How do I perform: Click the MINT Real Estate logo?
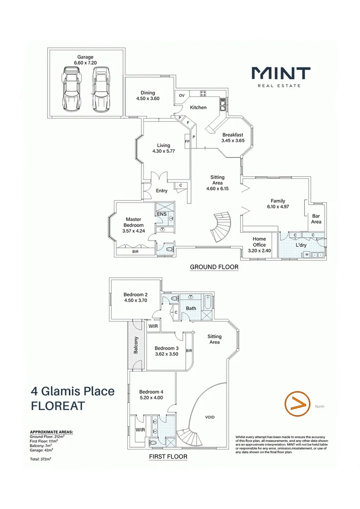(x=281, y=76)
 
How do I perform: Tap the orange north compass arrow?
(x=296, y=404)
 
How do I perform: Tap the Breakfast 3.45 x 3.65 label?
(x=233, y=137)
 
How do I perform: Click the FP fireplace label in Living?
(x=187, y=141)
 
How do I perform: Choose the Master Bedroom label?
(x=133, y=222)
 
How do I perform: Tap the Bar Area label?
(x=316, y=219)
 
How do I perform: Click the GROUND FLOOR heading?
(x=214, y=267)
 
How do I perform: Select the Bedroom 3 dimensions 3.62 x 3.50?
(x=166, y=354)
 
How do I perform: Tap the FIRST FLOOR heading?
(x=168, y=456)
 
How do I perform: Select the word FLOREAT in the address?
(x=57, y=406)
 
